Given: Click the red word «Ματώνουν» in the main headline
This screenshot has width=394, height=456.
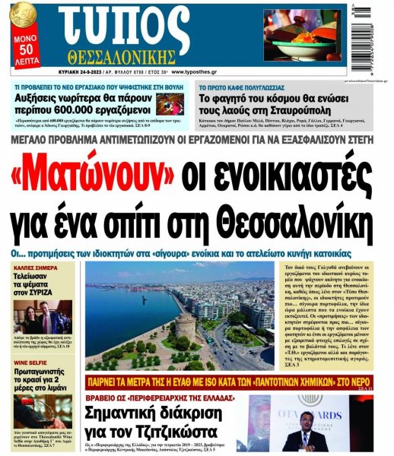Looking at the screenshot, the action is click(x=98, y=174).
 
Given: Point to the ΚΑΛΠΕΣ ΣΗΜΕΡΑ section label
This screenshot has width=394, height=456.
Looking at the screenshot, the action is click(x=35, y=268).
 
